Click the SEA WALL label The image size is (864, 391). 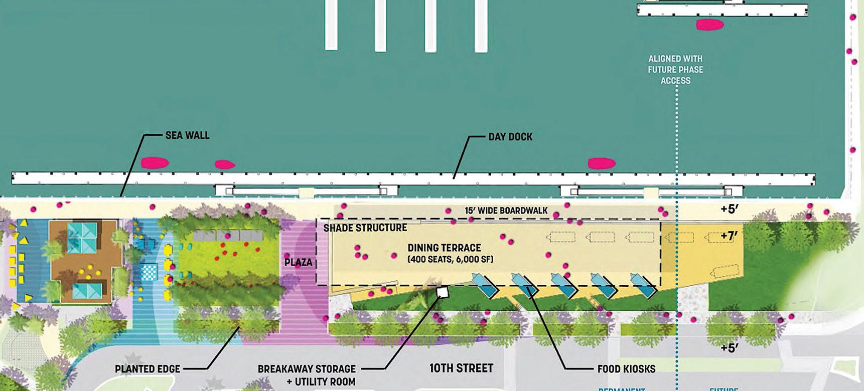click(187, 135)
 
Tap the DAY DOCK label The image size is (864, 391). click(510, 136)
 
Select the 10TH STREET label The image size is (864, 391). click(461, 368)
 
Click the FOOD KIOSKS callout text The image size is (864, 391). click(626, 369)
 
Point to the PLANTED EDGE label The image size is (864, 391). click(147, 369)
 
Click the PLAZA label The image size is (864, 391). click(298, 262)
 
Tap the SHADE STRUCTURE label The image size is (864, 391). click(365, 228)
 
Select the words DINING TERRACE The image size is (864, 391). click(444, 248)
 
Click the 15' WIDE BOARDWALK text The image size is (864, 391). click(506, 211)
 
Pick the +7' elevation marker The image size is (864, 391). click(729, 236)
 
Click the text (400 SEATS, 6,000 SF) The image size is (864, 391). click(450, 259)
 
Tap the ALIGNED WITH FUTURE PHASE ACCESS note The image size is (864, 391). click(675, 70)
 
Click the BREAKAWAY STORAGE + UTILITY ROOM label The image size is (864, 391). click(307, 375)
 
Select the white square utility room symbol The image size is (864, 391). click(443, 292)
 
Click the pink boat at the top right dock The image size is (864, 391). click(709, 25)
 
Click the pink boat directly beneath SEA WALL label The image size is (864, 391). click(154, 163)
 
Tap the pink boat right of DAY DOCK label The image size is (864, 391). click(602, 163)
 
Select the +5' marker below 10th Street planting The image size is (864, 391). click(729, 347)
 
